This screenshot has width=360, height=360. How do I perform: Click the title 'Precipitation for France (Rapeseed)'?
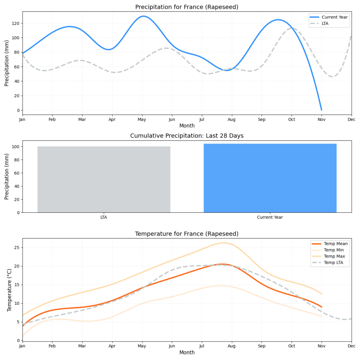tap(187, 7)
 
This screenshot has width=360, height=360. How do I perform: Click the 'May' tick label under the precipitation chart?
tap(142, 120)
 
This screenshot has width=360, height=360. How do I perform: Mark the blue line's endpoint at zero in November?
tap(321, 110)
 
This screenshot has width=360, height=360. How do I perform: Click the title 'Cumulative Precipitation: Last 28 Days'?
tap(187, 136)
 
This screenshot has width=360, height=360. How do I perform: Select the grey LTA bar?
tap(104, 179)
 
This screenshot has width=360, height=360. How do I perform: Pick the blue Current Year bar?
tap(270, 178)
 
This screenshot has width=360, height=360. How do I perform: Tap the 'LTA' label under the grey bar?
tap(104, 217)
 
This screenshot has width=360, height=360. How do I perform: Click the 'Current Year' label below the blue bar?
tap(270, 217)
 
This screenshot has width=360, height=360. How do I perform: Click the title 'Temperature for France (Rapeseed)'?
tap(187, 234)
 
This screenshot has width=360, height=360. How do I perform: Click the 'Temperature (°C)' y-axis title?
tap(9, 290)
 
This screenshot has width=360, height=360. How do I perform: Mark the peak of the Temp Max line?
tap(223, 243)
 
